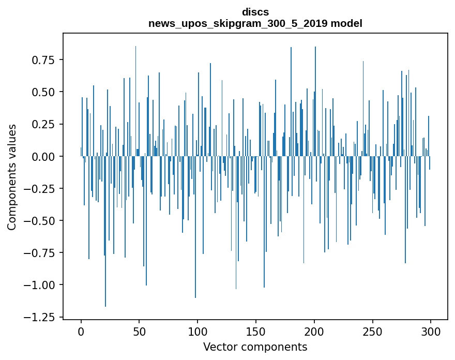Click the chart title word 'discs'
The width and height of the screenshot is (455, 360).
[x=255, y=12]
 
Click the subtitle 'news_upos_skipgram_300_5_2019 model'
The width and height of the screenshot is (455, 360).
[x=255, y=23]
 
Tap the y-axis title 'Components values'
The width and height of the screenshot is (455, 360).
[x=11, y=177]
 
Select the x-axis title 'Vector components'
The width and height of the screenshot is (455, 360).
[x=255, y=347]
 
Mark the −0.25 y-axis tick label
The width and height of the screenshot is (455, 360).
[x=37, y=188]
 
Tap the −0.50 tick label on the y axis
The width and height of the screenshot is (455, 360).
[x=37, y=220]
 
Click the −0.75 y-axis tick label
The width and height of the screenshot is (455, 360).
[x=37, y=253]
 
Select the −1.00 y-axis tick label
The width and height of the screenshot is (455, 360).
[x=37, y=285]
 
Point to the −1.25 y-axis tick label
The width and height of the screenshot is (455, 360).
[x=37, y=317]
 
